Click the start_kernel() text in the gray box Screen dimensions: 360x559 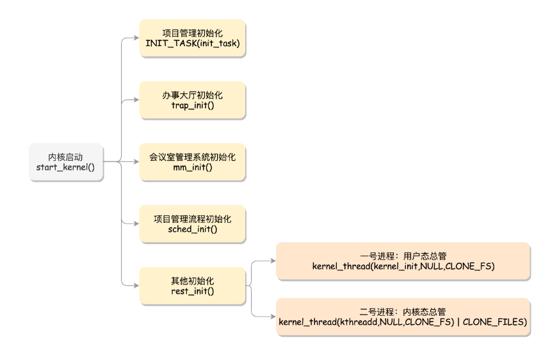pos(66,167)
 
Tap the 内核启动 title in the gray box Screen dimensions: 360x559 pos(66,156)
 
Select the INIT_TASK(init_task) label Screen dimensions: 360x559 pos(193,44)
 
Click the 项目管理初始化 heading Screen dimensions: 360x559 pos(193,33)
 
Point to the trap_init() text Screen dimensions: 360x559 pos(193,105)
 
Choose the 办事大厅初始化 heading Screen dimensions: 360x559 pos(193,94)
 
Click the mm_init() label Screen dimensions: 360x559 pos(193,167)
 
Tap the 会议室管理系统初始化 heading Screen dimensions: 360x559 pos(193,156)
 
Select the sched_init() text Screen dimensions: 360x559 pos(193,229)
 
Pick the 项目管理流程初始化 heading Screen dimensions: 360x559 pos(193,218)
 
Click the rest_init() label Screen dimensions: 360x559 pos(193,291)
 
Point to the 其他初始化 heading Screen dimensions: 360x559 pos(193,281)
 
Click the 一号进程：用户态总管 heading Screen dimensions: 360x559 pos(403,255)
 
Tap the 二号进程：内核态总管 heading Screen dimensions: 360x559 pos(403,311)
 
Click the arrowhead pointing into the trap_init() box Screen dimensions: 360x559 pos(135,99)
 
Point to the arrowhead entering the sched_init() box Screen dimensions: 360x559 pos(135,224)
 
